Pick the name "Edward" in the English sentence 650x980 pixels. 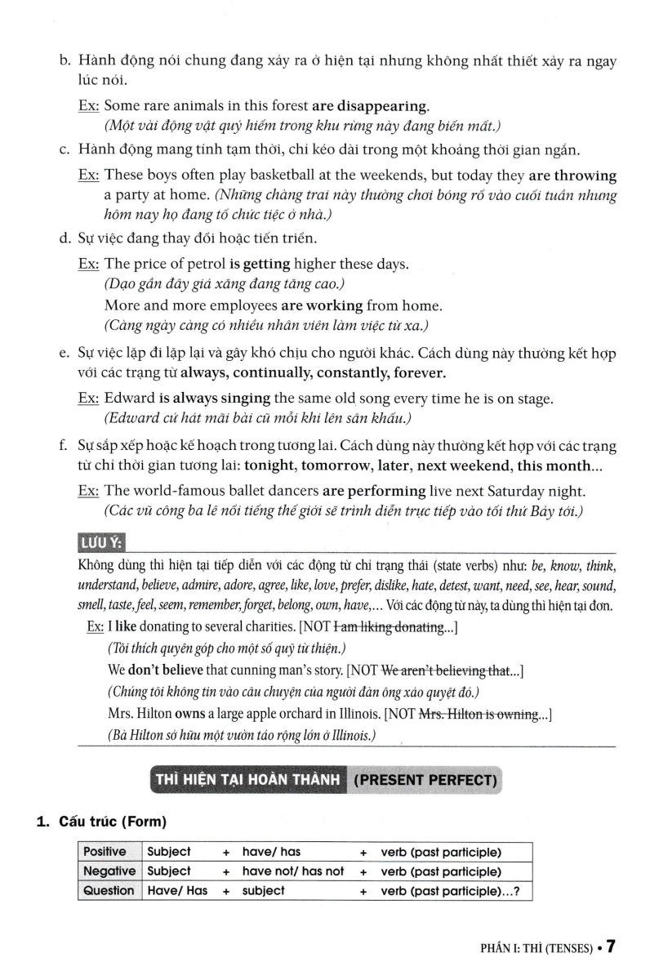point(130,399)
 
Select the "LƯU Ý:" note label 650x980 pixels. point(103,544)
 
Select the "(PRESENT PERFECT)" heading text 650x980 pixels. point(425,779)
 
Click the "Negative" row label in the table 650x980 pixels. point(110,871)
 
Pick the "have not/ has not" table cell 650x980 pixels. point(293,871)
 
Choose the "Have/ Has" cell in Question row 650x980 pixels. point(177,891)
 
